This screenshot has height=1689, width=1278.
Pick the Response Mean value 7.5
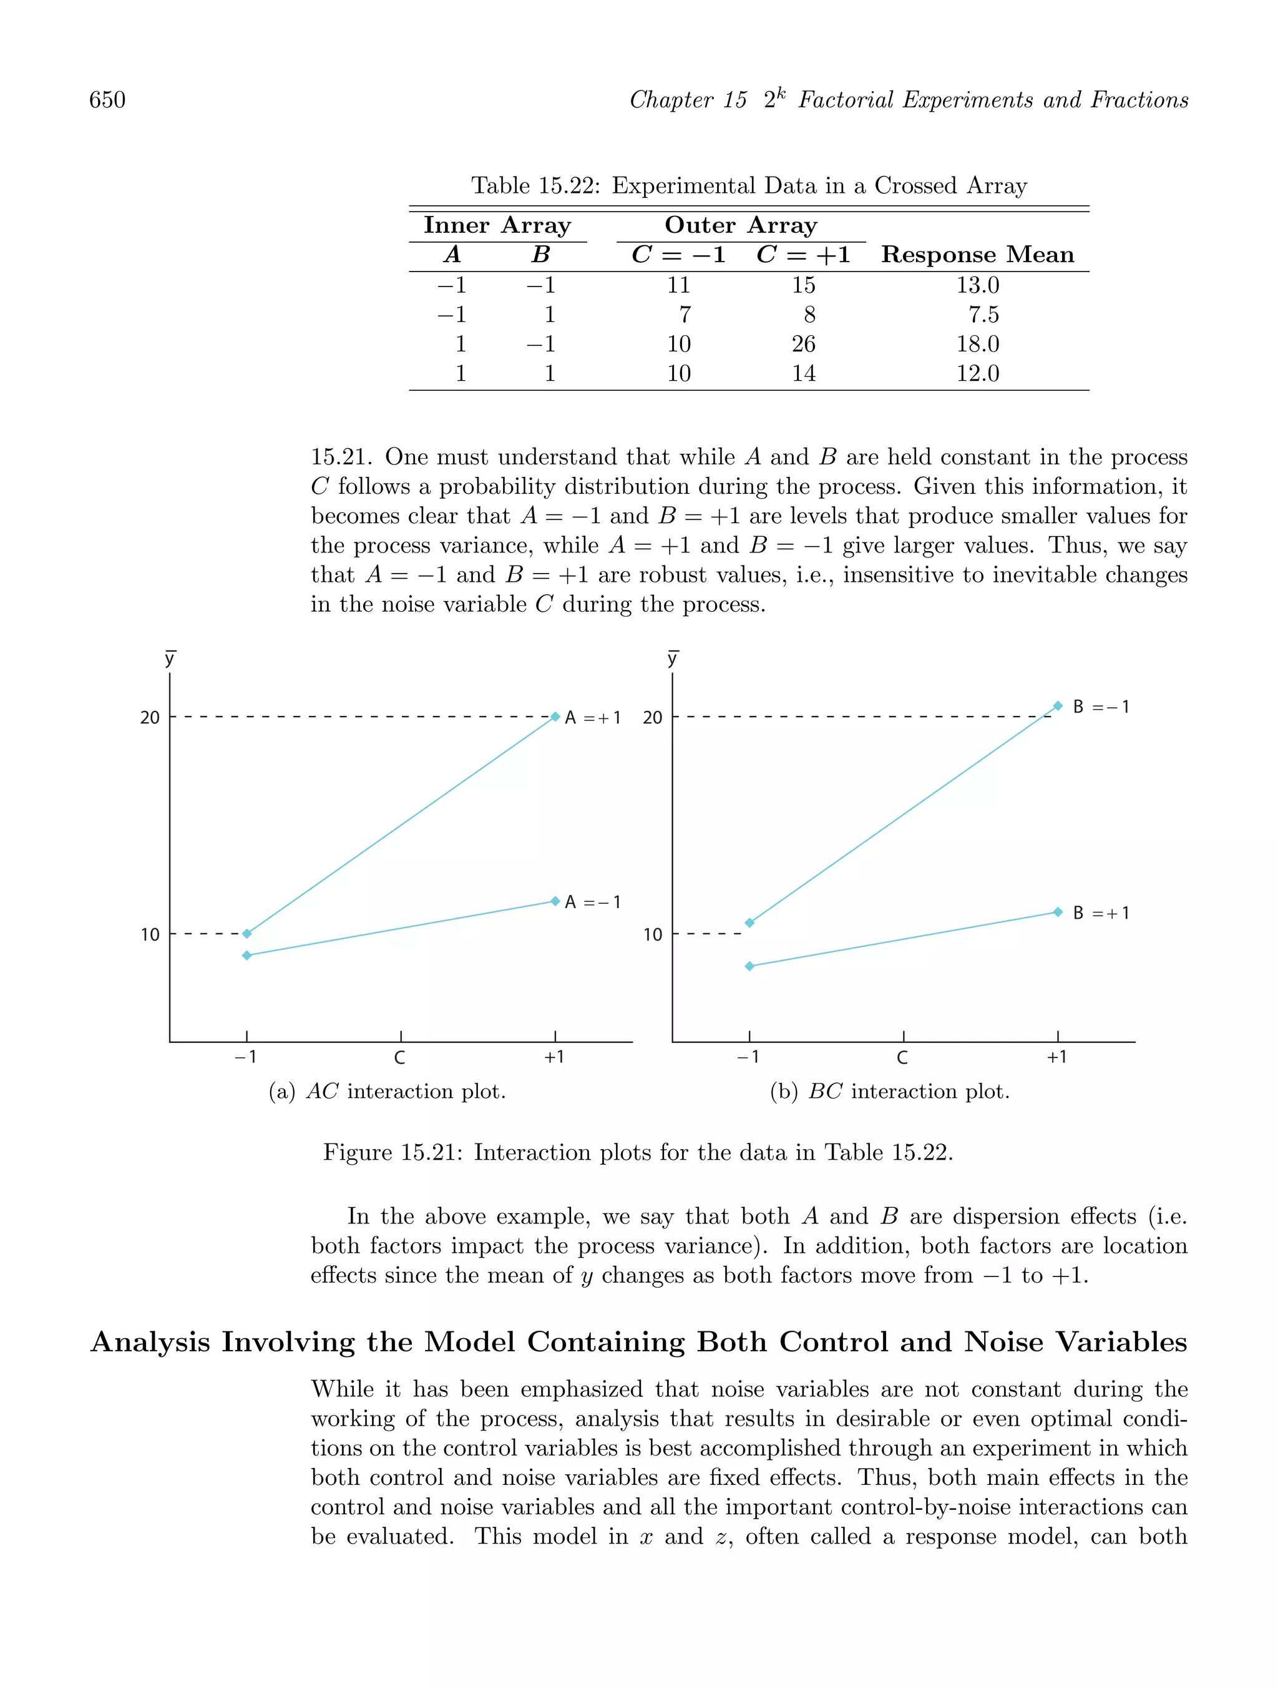pyautogui.click(x=983, y=315)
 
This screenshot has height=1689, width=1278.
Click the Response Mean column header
pyautogui.click(x=977, y=254)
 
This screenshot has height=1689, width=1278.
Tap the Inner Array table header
pyautogui.click(x=497, y=225)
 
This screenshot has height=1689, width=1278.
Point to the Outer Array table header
pyautogui.click(x=741, y=225)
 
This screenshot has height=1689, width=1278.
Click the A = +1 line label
pyautogui.click(x=592, y=718)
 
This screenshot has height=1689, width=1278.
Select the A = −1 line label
pyautogui.click(x=592, y=903)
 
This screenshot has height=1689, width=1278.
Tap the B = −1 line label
pyautogui.click(x=1100, y=707)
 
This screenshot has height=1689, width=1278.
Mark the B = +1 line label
pyautogui.click(x=1100, y=913)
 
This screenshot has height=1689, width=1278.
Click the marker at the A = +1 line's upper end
pyautogui.click(x=555, y=716)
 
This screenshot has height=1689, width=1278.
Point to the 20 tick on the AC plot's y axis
pyautogui.click(x=150, y=718)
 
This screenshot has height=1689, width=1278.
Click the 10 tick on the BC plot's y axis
pyautogui.click(x=652, y=934)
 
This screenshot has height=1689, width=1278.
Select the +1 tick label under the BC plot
pyautogui.click(x=1056, y=1057)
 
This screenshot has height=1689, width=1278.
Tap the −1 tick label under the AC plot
pyautogui.click(x=245, y=1057)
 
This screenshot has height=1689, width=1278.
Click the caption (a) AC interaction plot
pyautogui.click(x=387, y=1092)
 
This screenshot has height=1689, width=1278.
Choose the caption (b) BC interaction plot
pyautogui.click(x=889, y=1092)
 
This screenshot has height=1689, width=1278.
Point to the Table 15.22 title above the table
pyautogui.click(x=748, y=185)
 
